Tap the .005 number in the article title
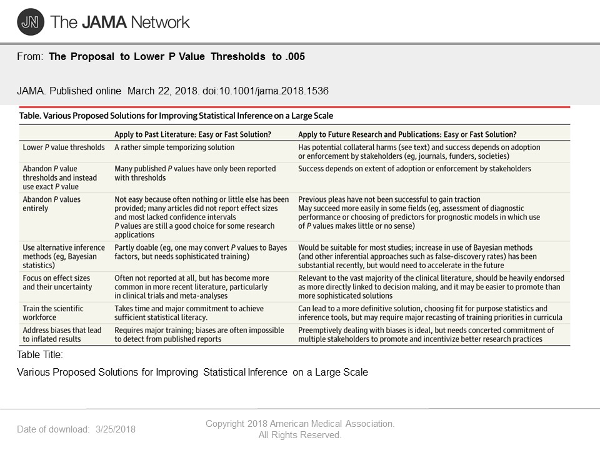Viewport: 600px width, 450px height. (294, 57)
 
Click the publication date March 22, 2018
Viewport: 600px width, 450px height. (163, 91)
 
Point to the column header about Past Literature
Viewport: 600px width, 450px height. (192, 134)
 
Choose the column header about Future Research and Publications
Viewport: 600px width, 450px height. (407, 134)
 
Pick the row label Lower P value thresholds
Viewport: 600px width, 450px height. (64, 147)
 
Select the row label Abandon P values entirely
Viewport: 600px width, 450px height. (52, 204)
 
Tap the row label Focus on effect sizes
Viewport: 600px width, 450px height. (57, 282)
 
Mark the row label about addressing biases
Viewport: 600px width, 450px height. (62, 334)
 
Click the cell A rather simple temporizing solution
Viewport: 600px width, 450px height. (174, 147)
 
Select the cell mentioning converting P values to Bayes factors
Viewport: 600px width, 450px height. (201, 252)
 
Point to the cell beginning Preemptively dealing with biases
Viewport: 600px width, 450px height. (420, 334)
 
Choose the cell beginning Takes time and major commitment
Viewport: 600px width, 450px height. (189, 313)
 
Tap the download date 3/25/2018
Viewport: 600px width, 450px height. (116, 429)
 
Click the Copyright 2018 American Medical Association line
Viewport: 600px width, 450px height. (300, 424)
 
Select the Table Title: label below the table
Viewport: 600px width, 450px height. (40, 355)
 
